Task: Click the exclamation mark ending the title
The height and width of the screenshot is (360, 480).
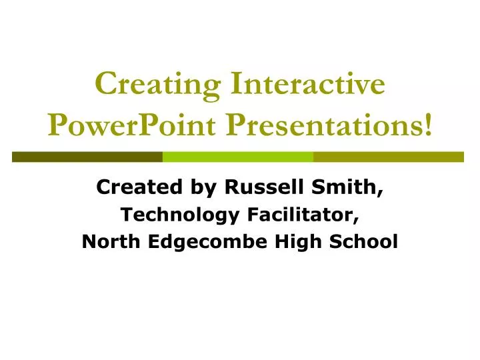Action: pyautogui.click(x=427, y=125)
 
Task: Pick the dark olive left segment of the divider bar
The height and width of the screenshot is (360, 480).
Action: pyautogui.click(x=87, y=157)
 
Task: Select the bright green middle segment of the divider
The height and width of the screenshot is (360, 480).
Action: pyautogui.click(x=238, y=157)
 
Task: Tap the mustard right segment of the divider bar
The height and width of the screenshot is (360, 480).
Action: pyautogui.click(x=388, y=157)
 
